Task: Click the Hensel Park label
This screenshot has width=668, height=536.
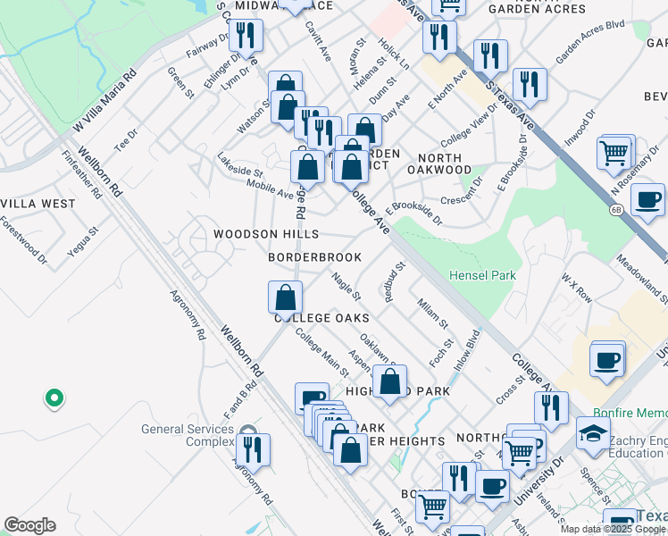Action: [482, 275]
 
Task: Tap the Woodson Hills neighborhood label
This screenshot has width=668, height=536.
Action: [265, 234]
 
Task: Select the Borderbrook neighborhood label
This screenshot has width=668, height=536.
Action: [315, 257]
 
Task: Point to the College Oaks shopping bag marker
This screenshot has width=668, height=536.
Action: [285, 297]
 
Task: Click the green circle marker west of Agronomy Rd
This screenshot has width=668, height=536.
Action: [54, 398]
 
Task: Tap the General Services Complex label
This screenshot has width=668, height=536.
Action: [187, 435]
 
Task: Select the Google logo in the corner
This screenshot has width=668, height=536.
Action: [29, 525]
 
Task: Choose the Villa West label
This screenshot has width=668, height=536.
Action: [38, 204]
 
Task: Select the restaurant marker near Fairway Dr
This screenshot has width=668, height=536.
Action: [244, 36]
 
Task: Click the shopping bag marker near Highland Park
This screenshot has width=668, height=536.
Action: [389, 381]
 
